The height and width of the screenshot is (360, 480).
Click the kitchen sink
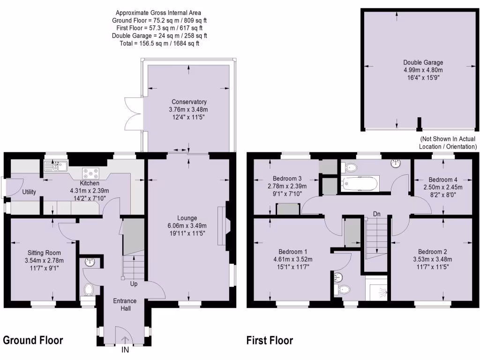(x=56, y=165)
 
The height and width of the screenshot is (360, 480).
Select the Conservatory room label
(x=189, y=102)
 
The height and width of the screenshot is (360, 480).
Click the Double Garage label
(x=423, y=62)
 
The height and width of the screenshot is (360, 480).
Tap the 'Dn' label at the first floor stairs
(x=377, y=214)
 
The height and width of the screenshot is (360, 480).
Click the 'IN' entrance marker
(x=125, y=350)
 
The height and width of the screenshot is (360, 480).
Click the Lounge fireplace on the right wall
(x=222, y=223)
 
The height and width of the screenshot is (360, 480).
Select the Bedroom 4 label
(x=443, y=180)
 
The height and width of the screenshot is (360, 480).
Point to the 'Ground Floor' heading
(x=33, y=340)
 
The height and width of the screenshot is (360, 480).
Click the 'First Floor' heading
(x=270, y=340)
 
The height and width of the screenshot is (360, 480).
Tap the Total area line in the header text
(x=159, y=44)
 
